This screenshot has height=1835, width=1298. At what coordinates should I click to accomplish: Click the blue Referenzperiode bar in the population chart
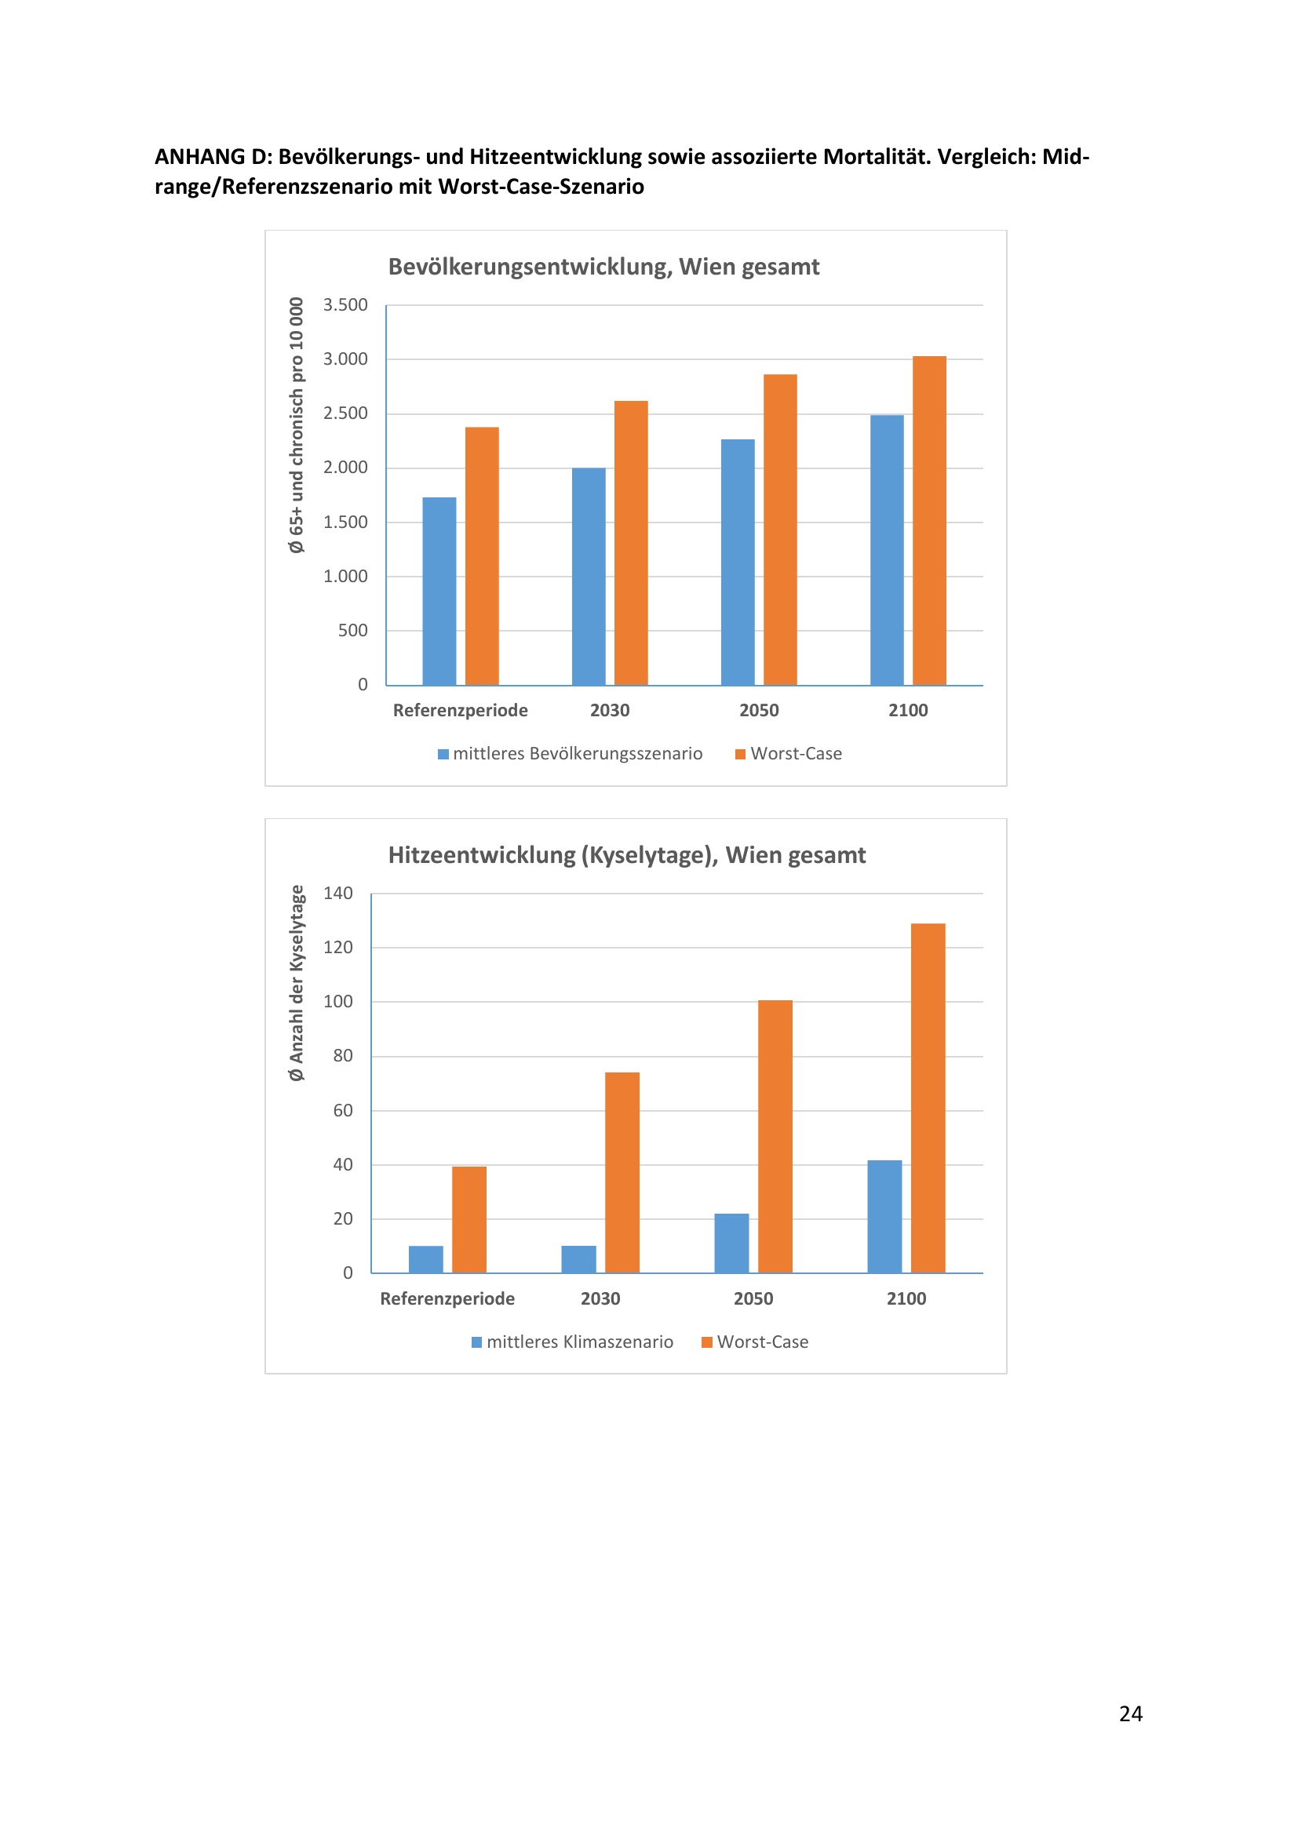pyautogui.click(x=439, y=591)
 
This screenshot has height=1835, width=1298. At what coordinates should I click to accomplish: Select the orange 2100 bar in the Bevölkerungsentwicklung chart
pyautogui.click(x=928, y=520)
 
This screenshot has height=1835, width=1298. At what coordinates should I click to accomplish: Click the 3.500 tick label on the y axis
pyautogui.click(x=345, y=305)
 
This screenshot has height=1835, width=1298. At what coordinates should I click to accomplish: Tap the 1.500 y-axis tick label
pyautogui.click(x=345, y=522)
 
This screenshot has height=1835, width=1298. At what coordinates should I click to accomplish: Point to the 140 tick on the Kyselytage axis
pyautogui.click(x=337, y=894)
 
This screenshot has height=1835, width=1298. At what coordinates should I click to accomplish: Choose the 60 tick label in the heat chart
pyautogui.click(x=342, y=1111)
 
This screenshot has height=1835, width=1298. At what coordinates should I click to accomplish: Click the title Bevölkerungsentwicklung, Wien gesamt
pyautogui.click(x=603, y=267)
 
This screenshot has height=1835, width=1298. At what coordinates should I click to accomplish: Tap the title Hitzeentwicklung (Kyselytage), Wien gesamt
pyautogui.click(x=626, y=855)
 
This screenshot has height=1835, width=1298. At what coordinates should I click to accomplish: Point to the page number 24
pyautogui.click(x=1130, y=1713)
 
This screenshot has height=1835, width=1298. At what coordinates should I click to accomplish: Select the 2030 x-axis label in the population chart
pyautogui.click(x=610, y=711)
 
